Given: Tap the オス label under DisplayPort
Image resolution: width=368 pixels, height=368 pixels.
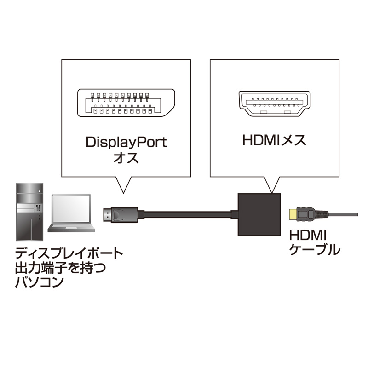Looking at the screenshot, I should click(x=126, y=160).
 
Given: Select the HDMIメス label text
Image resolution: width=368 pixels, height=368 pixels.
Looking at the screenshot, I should click(x=274, y=141).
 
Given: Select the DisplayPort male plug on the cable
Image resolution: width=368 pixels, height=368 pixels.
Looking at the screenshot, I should click(x=119, y=215).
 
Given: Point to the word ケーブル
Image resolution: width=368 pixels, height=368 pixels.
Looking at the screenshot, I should click(x=315, y=250).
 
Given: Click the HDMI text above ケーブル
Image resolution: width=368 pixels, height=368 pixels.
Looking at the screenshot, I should click(x=307, y=235).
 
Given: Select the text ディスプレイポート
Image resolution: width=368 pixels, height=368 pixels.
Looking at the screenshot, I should click(x=69, y=253).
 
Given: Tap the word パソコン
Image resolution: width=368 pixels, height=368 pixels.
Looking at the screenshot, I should click(x=39, y=282).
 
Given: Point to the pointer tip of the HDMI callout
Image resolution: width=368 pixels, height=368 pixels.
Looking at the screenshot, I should click(x=272, y=191).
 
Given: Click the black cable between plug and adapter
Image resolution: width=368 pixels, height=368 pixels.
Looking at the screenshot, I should click(x=184, y=215).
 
